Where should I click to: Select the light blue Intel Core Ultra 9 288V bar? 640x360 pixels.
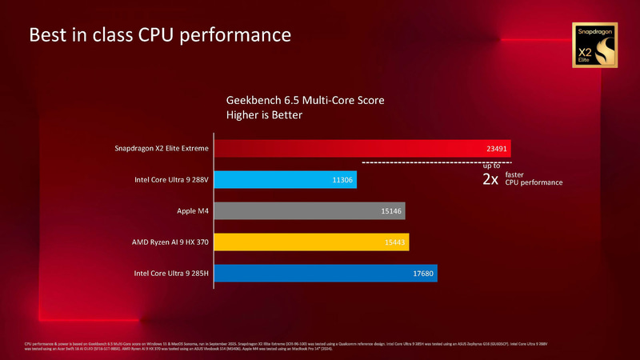[284, 180]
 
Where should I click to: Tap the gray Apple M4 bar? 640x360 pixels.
[308, 211]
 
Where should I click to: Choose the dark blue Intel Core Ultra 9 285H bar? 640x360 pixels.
[324, 274]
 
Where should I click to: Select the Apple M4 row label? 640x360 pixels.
[192, 211]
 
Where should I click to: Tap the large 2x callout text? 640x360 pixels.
[490, 180]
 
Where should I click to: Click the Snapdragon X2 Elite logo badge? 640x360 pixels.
[594, 44]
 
